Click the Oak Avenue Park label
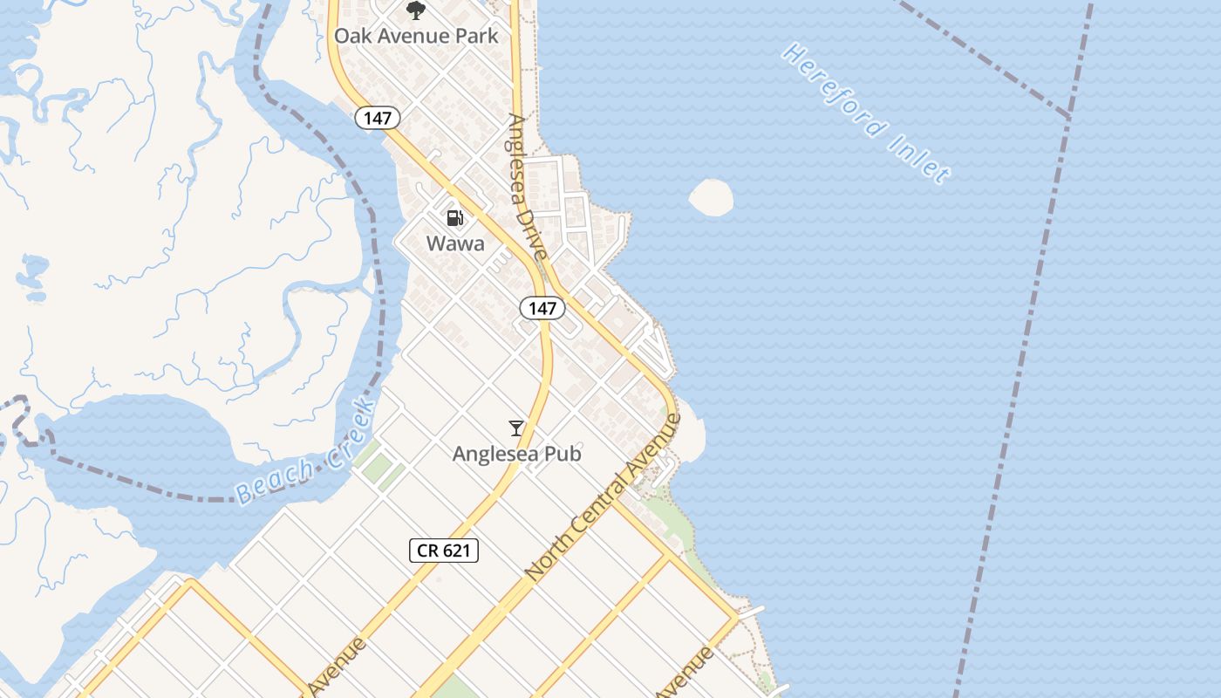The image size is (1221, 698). (417, 36)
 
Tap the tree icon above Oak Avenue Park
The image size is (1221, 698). (416, 10)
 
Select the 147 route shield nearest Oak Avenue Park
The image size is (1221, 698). (377, 118)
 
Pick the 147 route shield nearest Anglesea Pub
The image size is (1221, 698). (542, 308)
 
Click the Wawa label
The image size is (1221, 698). (455, 243)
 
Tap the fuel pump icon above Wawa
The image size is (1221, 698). (454, 218)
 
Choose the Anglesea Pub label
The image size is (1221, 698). (516, 454)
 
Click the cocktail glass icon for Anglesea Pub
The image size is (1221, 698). (516, 428)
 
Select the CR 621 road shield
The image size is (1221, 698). (444, 550)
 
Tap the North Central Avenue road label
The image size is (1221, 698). (604, 497)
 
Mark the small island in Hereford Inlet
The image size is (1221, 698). (711, 197)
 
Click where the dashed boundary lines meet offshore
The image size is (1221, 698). (1069, 116)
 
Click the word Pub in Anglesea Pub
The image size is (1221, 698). (563, 454)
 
